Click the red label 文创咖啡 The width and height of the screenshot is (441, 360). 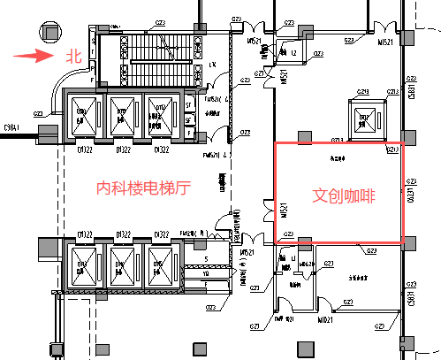coord(344,195)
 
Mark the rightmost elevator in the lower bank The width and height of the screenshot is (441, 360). coord(160,264)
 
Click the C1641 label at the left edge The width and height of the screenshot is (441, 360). coord(12,126)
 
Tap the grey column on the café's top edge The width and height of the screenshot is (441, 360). coord(304,138)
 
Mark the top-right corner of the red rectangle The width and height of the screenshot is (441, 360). coord(402,143)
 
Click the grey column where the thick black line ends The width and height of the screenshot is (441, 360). coord(49,134)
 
